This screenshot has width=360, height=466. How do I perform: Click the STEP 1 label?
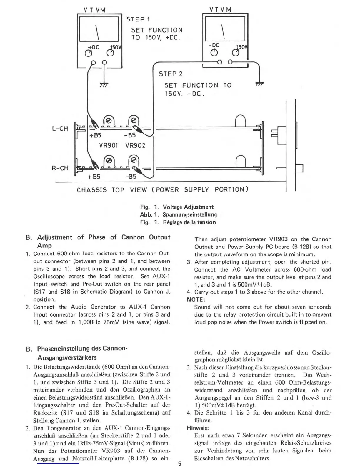[x=138, y=19]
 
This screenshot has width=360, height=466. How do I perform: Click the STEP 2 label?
[x=171, y=74]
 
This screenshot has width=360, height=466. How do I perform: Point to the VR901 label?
[x=109, y=146]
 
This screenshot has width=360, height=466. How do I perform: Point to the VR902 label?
[x=135, y=146]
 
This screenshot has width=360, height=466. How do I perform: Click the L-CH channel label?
[x=60, y=129]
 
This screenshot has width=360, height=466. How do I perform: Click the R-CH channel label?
[x=60, y=168]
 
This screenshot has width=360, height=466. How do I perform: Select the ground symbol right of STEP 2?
[x=259, y=84]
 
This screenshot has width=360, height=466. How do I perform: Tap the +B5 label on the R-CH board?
[x=94, y=177]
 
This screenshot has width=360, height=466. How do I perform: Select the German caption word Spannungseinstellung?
[x=190, y=215]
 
